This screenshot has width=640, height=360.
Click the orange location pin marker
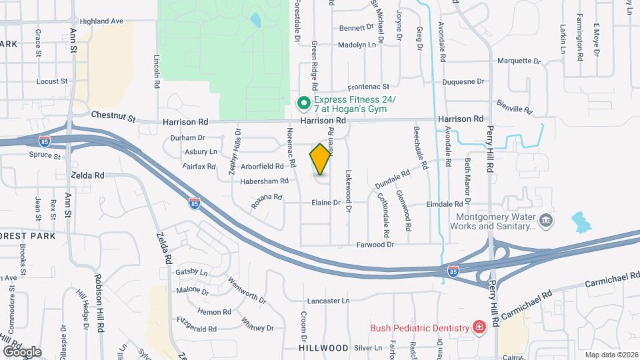[x=321, y=159]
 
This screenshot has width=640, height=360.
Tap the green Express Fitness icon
[x=303, y=103]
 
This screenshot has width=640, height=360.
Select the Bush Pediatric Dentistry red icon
[x=479, y=327]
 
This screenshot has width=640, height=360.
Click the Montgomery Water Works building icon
[x=546, y=220]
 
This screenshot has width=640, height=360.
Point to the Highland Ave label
[x=102, y=21]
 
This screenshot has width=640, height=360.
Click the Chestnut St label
[x=113, y=117]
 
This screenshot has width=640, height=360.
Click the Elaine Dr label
[x=325, y=202]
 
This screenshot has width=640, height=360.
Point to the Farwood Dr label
[x=376, y=245]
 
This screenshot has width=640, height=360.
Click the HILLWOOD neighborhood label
[x=324, y=348]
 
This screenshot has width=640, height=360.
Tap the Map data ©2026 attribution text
[x=610, y=355]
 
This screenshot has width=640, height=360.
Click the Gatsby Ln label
[x=191, y=273]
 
